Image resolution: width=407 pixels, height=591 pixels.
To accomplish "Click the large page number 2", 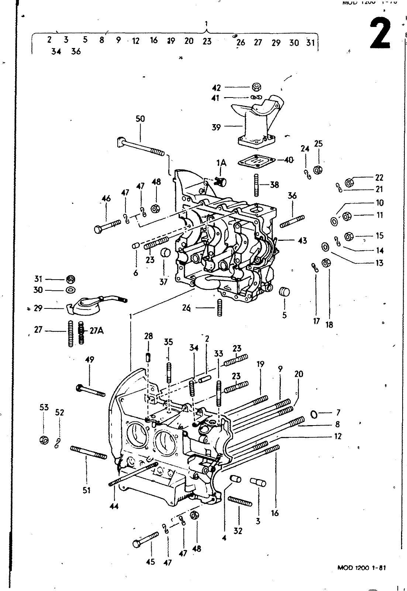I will [x=380, y=34].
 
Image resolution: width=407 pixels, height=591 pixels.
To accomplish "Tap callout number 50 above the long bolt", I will [x=140, y=119].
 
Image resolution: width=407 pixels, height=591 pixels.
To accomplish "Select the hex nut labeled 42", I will [x=257, y=87].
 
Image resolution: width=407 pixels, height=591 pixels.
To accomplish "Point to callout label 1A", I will [x=221, y=163].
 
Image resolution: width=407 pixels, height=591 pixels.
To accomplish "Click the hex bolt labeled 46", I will [x=107, y=226].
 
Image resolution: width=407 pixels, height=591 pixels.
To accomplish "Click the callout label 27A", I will [x=96, y=331].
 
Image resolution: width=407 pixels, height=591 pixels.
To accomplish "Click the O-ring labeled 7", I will [x=314, y=414].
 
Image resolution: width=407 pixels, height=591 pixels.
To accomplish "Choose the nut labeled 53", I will [x=44, y=440].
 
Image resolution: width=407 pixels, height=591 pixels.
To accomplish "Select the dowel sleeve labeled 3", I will [x=258, y=482].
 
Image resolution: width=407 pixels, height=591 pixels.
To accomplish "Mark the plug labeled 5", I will [x=284, y=291].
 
